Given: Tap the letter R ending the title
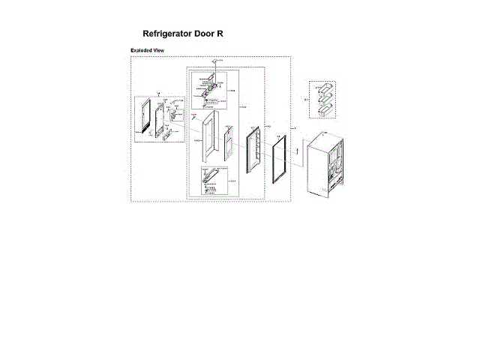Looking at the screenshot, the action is click(220, 34).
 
